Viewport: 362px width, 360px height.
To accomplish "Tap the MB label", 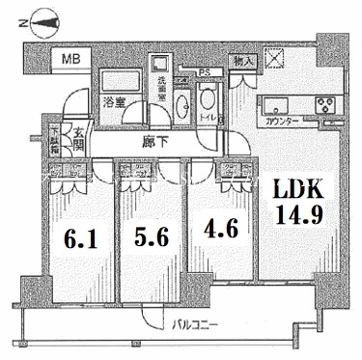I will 71,61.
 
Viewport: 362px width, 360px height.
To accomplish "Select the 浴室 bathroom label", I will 113,100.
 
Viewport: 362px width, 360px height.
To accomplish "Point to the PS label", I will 205,71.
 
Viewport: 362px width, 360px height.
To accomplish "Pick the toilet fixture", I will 208,101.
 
